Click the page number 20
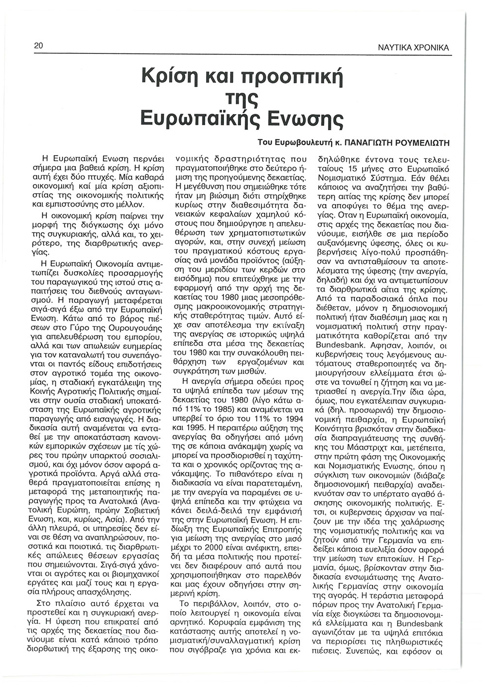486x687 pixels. click(x=39, y=46)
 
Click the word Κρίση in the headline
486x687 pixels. click(x=167, y=77)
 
